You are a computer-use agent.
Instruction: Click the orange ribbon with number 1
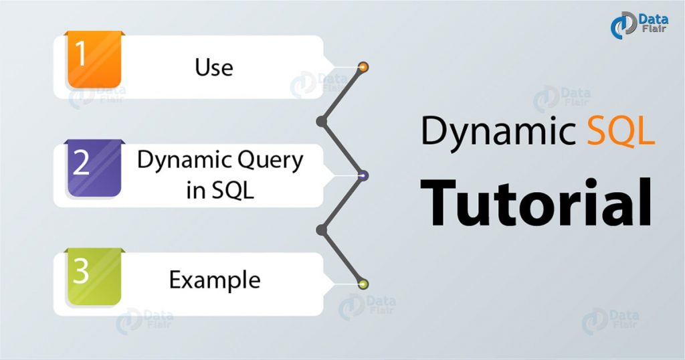94,60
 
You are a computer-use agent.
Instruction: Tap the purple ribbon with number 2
94,167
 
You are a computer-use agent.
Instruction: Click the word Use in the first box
214,67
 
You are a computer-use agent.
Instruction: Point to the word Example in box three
214,279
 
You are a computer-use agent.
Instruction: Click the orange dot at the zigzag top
363,67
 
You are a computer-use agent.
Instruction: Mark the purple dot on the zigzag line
363,176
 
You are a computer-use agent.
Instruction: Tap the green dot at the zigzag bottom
363,284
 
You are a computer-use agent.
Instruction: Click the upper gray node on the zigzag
321,121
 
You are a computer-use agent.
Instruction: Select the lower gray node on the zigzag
321,230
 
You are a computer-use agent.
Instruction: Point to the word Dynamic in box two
177,161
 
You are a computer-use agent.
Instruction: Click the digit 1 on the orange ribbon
82,54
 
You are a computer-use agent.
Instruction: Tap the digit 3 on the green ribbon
82,272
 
